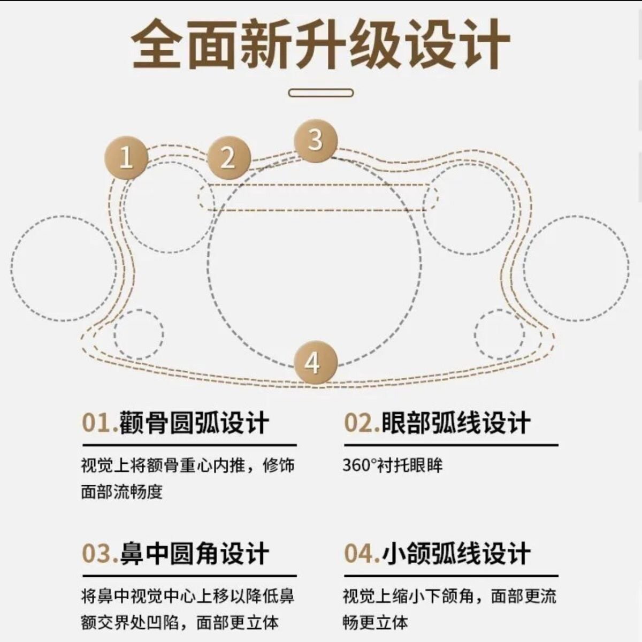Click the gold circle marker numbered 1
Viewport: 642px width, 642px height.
(x=126, y=157)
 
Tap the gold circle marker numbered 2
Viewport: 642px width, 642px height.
(x=228, y=157)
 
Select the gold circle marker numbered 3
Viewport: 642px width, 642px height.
(x=316, y=140)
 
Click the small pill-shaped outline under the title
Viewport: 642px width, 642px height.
(x=320, y=93)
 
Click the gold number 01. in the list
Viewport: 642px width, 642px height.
(x=100, y=423)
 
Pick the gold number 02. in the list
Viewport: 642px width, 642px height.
(x=361, y=423)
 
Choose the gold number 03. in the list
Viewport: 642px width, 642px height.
(x=100, y=553)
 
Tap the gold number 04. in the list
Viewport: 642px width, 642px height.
(x=361, y=553)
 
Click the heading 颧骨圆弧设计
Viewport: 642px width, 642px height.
(x=194, y=423)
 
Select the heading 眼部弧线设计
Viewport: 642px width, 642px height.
(x=455, y=423)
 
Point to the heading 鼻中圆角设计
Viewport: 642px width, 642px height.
(x=194, y=553)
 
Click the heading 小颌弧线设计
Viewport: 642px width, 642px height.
(x=455, y=553)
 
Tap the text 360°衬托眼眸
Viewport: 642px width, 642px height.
(x=393, y=465)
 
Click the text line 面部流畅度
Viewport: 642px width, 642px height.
(x=121, y=492)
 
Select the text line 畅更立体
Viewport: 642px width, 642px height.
(x=375, y=622)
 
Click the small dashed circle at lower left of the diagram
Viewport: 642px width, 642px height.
(x=139, y=333)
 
